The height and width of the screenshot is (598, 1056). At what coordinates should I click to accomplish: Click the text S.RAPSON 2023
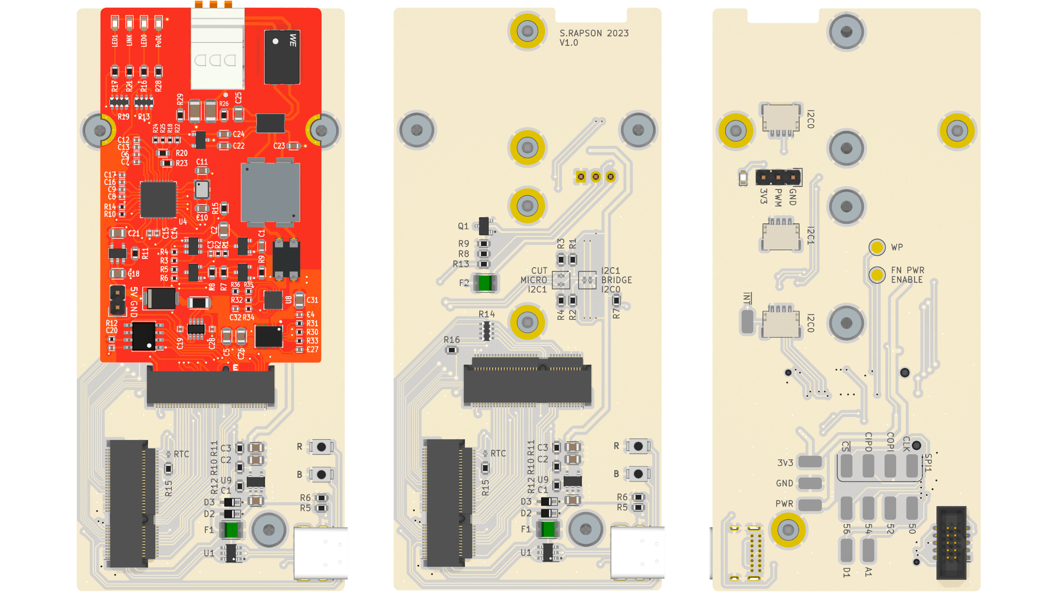(594, 33)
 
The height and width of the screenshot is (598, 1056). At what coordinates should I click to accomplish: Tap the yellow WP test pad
(877, 247)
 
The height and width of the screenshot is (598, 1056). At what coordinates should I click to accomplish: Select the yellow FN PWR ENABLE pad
(877, 275)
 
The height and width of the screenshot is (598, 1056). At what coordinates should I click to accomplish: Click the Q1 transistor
(484, 226)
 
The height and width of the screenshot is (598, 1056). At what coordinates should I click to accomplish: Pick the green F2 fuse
(485, 283)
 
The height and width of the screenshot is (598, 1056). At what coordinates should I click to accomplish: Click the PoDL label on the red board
(159, 40)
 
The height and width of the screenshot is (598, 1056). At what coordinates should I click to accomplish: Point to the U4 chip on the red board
(158, 200)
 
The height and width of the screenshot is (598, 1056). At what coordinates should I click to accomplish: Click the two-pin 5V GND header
(118, 300)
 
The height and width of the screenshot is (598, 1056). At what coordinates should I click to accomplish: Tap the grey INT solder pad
(747, 321)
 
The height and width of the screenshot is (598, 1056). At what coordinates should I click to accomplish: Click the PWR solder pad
(810, 504)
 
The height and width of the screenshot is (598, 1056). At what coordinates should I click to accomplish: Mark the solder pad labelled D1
(846, 550)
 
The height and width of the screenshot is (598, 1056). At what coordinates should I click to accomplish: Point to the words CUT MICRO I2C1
(534, 280)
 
